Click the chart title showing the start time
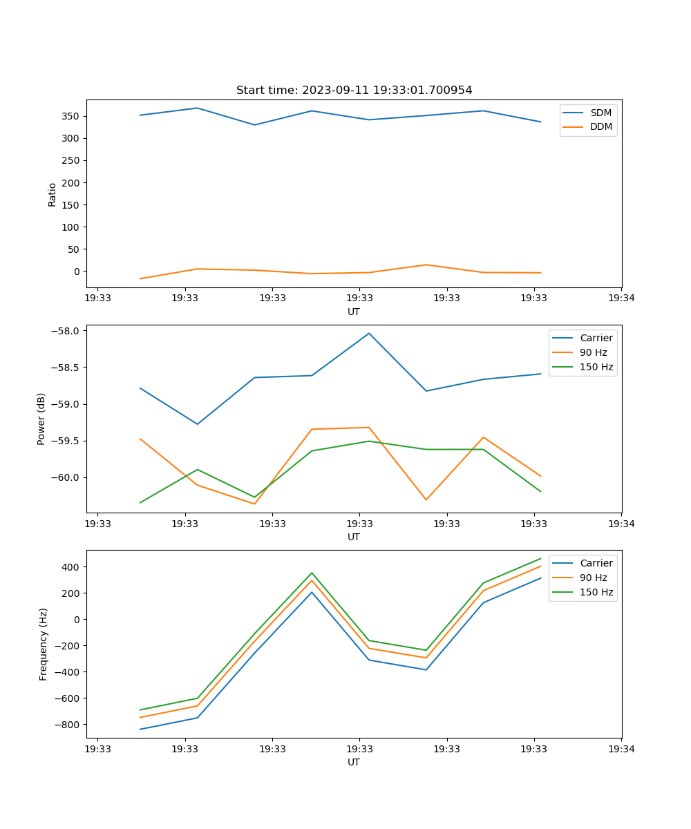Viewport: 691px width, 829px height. (354, 90)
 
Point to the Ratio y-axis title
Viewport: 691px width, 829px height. (53, 194)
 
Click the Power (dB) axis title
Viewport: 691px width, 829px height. (41, 419)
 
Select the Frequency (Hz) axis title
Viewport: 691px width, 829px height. (44, 644)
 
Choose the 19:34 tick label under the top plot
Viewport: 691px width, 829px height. (621, 298)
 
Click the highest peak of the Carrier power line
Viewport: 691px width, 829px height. (369, 333)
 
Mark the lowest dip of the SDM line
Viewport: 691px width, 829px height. (254, 125)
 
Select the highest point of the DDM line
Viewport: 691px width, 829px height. (426, 265)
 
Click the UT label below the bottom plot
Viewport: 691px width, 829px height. (354, 762)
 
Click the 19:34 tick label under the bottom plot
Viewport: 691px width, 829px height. (621, 749)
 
